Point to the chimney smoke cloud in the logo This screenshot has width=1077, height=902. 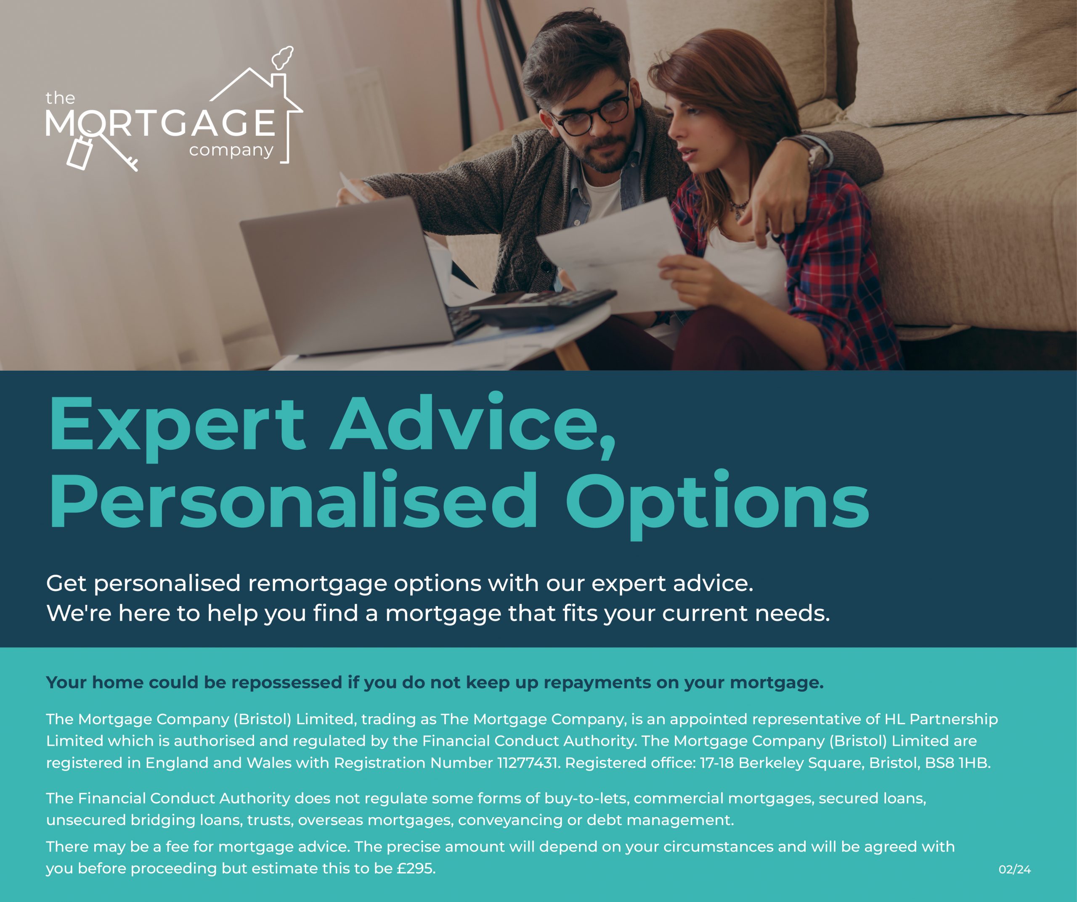tap(283, 58)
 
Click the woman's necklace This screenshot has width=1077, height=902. tap(738, 208)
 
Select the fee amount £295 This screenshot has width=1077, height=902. tap(416, 868)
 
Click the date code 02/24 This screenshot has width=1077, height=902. tap(1014, 869)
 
